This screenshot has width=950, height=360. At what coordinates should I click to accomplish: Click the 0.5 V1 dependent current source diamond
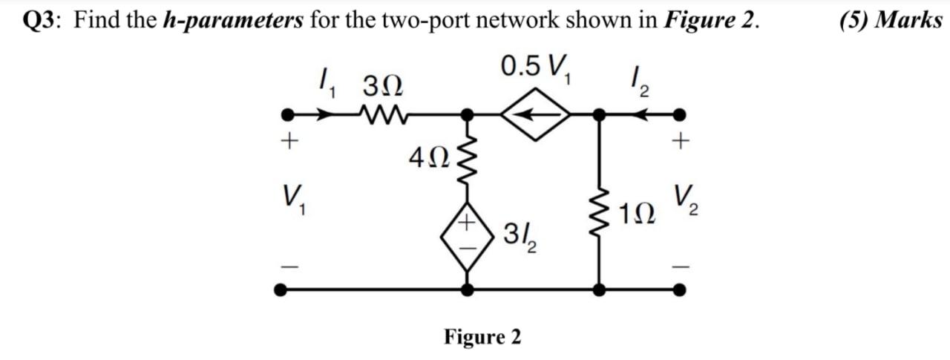click(534, 114)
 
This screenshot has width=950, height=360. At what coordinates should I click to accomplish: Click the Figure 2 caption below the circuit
click(482, 336)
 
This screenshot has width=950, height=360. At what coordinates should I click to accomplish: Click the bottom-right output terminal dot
click(678, 290)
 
